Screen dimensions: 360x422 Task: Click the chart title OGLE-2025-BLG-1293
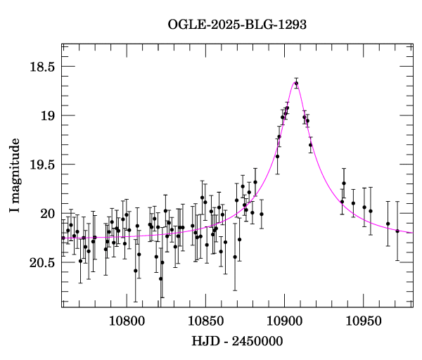(x=237, y=25)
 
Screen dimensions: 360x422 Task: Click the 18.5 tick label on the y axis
(x=41, y=67)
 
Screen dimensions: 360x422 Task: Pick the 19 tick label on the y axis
(x=47, y=116)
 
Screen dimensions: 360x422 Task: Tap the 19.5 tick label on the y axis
(x=41, y=165)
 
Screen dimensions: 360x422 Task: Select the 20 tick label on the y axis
(x=47, y=214)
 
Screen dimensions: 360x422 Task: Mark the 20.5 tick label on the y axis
(x=41, y=262)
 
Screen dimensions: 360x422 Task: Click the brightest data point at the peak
(x=296, y=84)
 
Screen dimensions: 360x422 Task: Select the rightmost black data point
(x=397, y=231)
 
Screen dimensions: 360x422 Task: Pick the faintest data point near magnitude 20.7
(x=160, y=278)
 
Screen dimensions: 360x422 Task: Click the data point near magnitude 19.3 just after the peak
(x=310, y=145)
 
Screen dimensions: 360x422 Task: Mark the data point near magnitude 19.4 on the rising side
(x=277, y=156)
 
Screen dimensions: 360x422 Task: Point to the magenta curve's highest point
(x=295, y=82)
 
